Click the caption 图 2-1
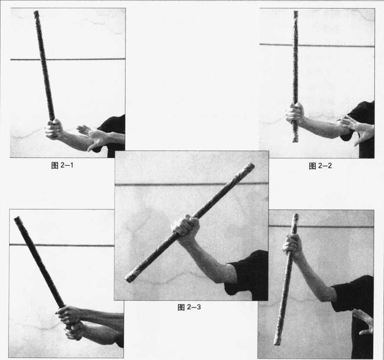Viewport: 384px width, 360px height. pyautogui.click(x=62, y=165)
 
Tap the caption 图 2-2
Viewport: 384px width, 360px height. pyautogui.click(x=320, y=166)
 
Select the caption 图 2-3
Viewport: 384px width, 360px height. pyautogui.click(x=189, y=307)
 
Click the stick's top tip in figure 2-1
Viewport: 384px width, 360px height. pyautogui.click(x=36, y=12)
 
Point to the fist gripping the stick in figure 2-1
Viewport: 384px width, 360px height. pyautogui.click(x=54, y=129)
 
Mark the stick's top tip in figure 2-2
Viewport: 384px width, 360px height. pyautogui.click(x=296, y=12)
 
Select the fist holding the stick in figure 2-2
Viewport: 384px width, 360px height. pyautogui.click(x=295, y=113)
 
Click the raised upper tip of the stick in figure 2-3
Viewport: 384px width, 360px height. pyautogui.click(x=252, y=166)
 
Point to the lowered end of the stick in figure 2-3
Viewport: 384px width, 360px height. pyautogui.click(x=128, y=279)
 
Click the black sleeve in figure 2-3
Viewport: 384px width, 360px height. pyautogui.click(x=247, y=275)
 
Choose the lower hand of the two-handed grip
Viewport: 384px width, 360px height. pyautogui.click(x=73, y=331)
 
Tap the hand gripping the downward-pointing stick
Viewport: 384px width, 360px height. pyautogui.click(x=292, y=244)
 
